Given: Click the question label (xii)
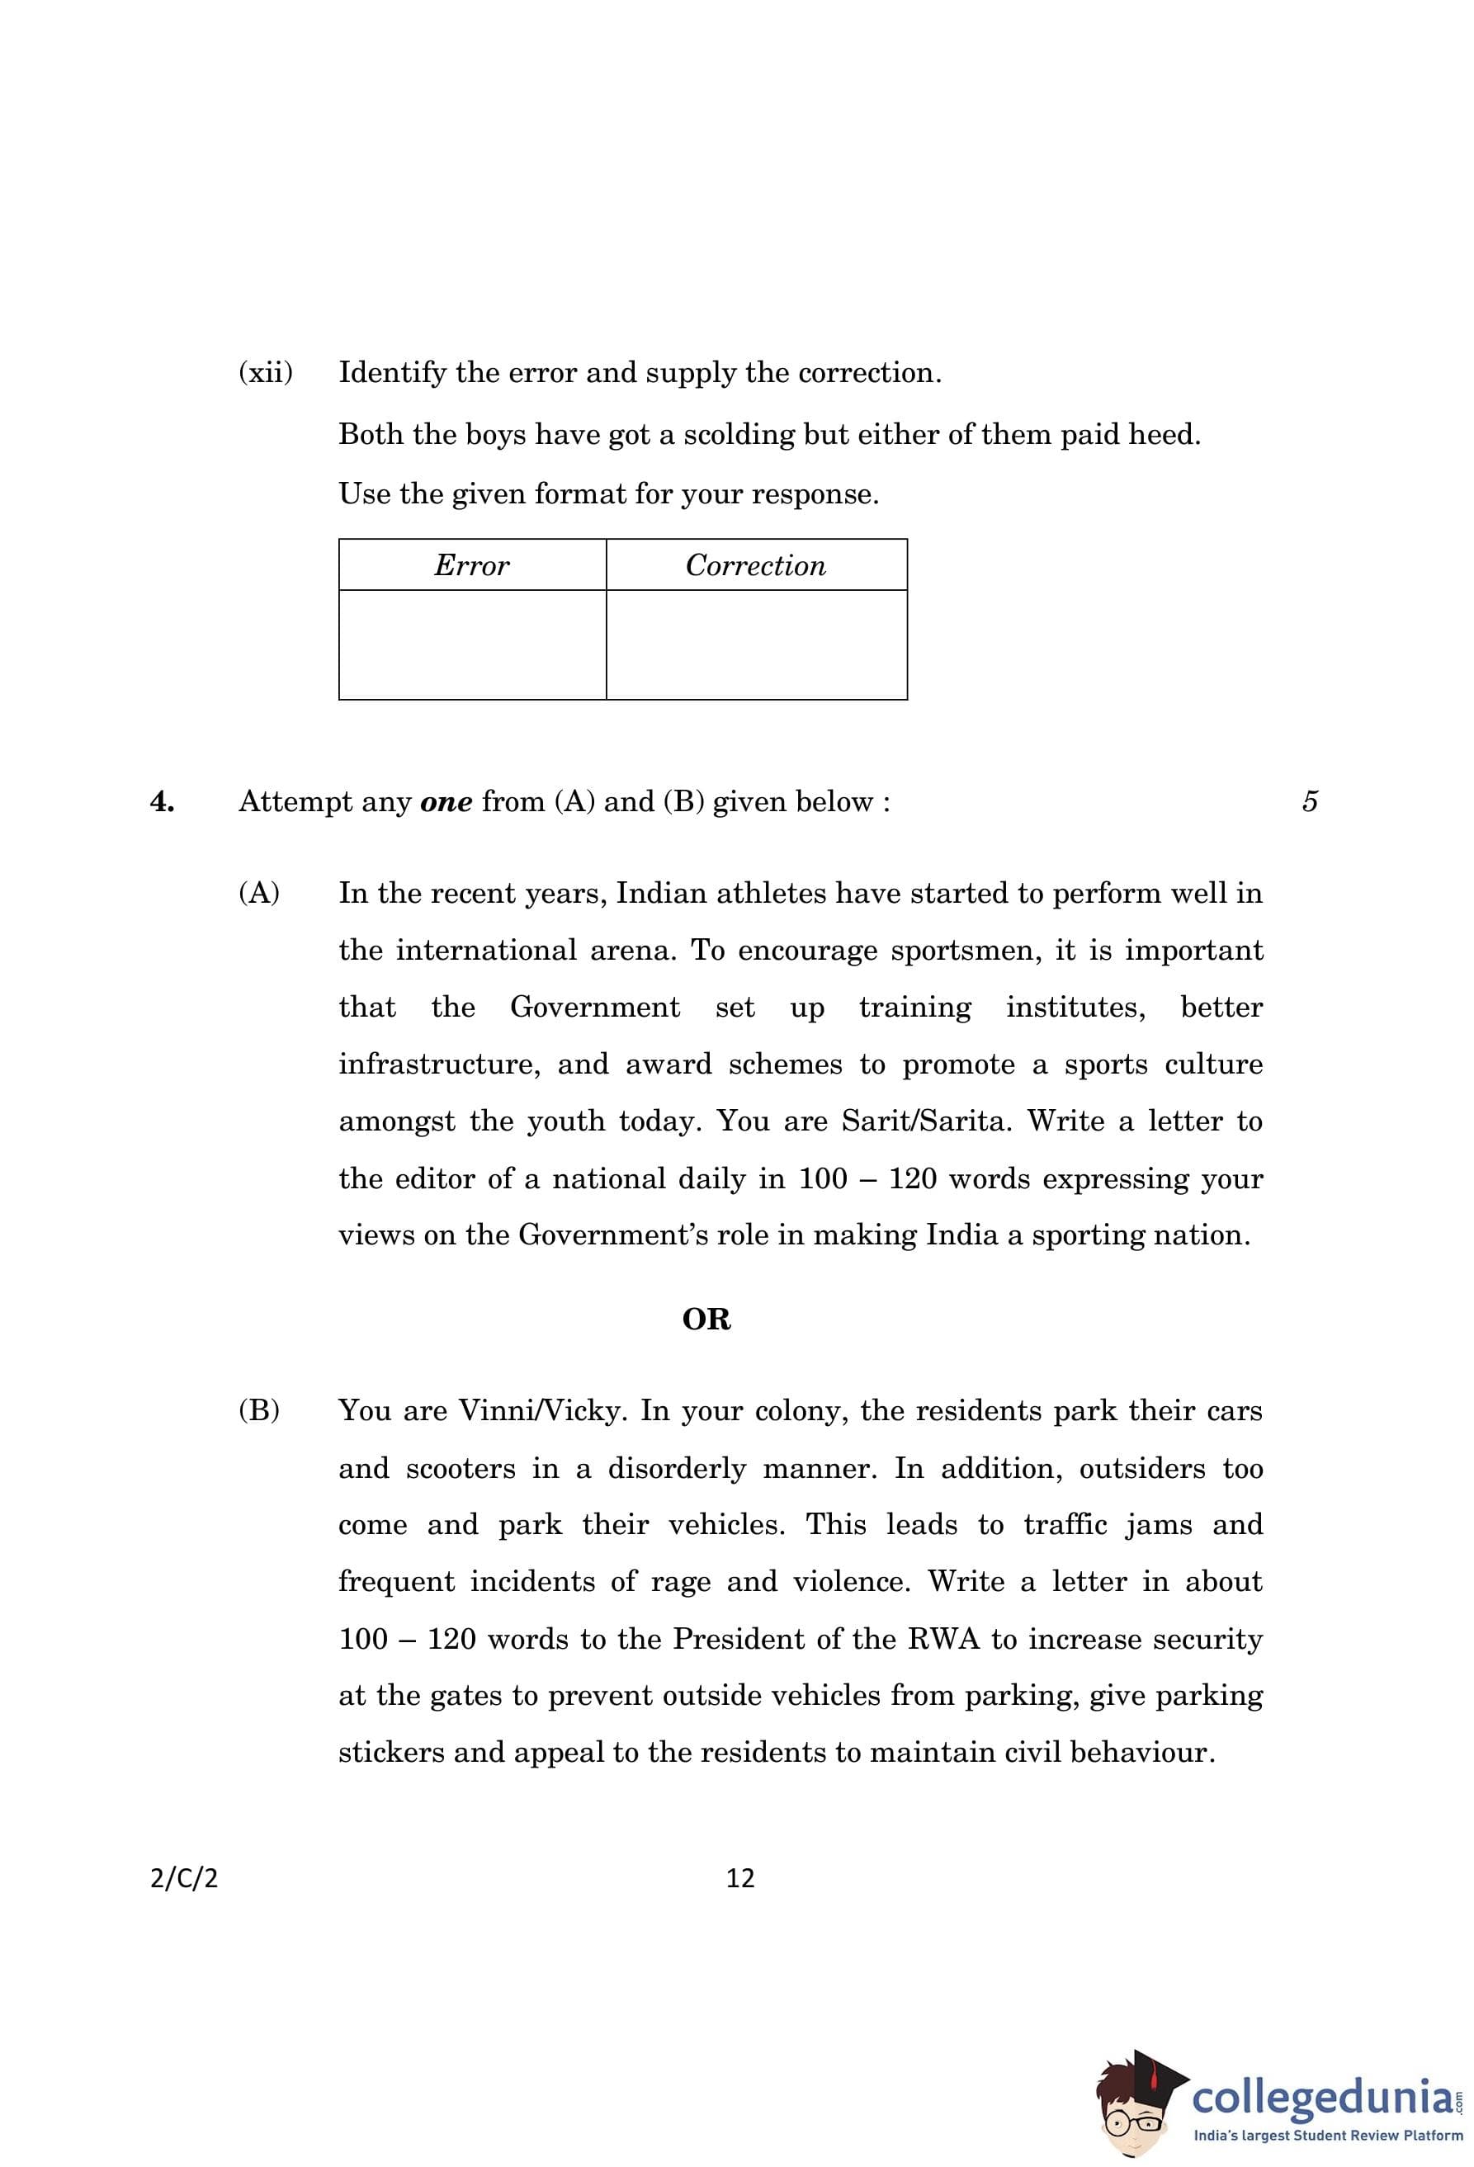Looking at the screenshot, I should pos(266,373).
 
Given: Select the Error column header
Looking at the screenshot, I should pos(472,565).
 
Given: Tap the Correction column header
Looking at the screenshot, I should pos(755,565).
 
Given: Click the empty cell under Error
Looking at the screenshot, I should pos(472,644).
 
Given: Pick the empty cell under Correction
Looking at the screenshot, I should pos(755,644).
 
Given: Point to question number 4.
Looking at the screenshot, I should pos(163,802).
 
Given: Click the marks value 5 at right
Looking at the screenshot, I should pos(1310,802).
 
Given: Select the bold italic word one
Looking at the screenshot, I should pos(446,802).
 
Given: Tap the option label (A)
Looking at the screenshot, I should pos(259,893).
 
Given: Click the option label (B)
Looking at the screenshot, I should pos(259,1409).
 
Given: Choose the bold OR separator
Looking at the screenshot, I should pos(706,1320).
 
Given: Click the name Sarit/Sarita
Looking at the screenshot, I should pos(926,1121).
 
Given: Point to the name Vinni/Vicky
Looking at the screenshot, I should pos(541,1409).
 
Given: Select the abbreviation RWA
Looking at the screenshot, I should pos(943,1639).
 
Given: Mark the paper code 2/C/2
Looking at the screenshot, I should pos(184,1878).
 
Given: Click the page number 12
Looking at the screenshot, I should pos(740,1878).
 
